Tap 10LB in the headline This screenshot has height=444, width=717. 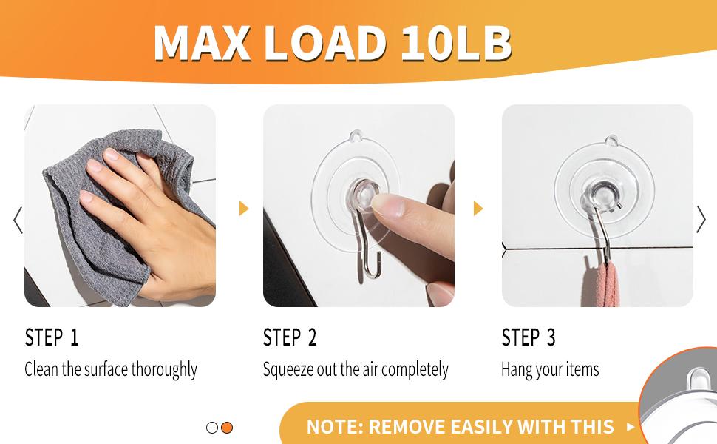(x=456, y=43)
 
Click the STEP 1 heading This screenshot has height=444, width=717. (x=52, y=338)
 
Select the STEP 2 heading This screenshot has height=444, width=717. (x=290, y=338)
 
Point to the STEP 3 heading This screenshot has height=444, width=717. (x=529, y=338)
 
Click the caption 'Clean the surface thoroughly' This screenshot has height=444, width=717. (x=111, y=369)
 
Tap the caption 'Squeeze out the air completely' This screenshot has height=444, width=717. (x=356, y=369)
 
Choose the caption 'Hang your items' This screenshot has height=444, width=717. (x=550, y=369)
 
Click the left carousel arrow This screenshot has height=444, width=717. (x=18, y=220)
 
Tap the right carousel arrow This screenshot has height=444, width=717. (x=701, y=220)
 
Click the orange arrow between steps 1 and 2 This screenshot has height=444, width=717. (x=244, y=209)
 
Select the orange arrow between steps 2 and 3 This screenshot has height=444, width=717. (x=478, y=209)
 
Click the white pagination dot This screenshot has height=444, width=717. (x=212, y=428)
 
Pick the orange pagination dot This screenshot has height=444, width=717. (x=227, y=428)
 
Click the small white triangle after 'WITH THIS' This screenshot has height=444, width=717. (x=631, y=427)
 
